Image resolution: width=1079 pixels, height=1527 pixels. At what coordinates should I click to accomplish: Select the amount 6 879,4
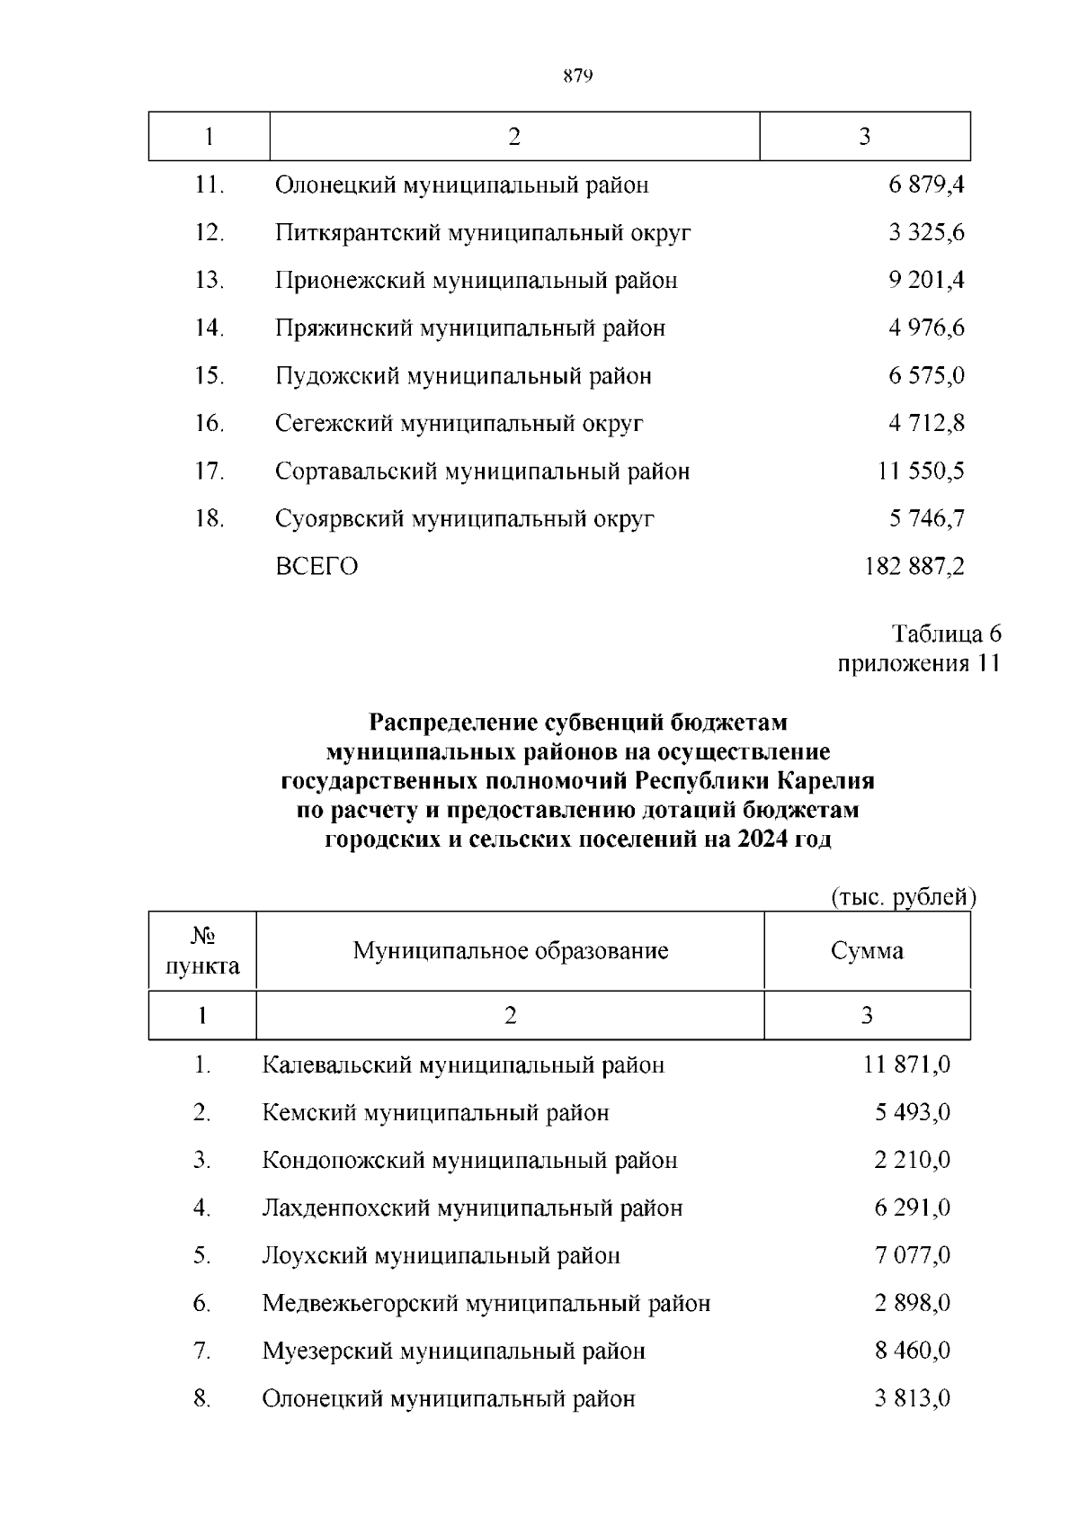coord(926,185)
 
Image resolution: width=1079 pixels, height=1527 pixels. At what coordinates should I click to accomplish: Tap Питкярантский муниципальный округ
coord(483,233)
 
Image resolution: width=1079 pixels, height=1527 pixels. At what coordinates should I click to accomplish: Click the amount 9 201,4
coord(926,281)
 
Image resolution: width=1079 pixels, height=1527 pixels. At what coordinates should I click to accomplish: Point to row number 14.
coord(209,328)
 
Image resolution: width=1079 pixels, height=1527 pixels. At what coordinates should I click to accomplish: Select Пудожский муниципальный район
coord(463,376)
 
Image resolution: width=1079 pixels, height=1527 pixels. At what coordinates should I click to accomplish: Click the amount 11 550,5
coord(921,472)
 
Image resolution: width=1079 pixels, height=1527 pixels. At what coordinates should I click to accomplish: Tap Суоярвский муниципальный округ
coord(465,519)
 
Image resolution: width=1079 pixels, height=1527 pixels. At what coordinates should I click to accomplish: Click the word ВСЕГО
coord(317,567)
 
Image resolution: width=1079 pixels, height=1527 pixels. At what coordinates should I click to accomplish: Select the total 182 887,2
coord(914,567)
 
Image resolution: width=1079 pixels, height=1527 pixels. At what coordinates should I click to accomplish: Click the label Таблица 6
coord(946,634)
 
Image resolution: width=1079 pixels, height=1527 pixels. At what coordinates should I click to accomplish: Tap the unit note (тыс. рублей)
coord(902,897)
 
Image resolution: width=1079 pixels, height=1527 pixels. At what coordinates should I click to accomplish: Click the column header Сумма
coord(867,951)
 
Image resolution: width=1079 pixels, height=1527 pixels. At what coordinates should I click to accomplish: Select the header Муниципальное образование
coord(510,951)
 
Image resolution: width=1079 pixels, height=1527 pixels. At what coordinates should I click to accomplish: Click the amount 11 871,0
coord(906,1065)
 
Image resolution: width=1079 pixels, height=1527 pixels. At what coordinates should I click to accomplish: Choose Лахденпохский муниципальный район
coord(472,1208)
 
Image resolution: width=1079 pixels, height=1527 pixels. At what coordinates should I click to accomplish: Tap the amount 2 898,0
coord(912,1304)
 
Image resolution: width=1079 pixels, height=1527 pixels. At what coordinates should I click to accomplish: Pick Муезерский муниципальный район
coord(453,1352)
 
